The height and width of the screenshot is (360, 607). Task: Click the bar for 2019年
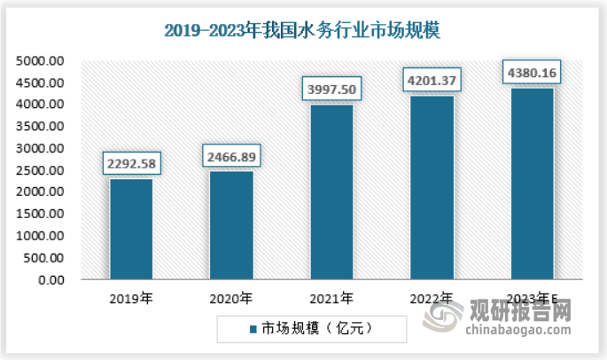(x=130, y=230)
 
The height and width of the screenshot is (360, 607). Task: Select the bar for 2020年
(x=230, y=226)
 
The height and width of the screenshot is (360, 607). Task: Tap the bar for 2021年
(x=331, y=192)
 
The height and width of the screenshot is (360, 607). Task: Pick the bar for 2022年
(x=432, y=188)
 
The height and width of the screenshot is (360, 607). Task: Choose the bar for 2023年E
(x=532, y=184)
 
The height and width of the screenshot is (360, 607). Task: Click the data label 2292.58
(x=130, y=163)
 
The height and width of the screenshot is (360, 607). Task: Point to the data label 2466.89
(x=230, y=156)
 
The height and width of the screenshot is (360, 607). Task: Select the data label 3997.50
(x=331, y=89)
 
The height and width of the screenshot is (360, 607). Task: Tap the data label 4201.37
(x=432, y=80)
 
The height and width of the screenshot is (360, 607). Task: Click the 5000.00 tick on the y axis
(x=40, y=61)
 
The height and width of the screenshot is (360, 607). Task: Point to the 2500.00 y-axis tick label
(x=40, y=171)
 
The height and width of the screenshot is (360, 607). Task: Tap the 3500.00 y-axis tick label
(x=40, y=127)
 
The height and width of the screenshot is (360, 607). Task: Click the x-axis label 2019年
(x=130, y=298)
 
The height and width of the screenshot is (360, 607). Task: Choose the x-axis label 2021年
(x=331, y=298)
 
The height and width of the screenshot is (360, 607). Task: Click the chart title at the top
(x=302, y=29)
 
